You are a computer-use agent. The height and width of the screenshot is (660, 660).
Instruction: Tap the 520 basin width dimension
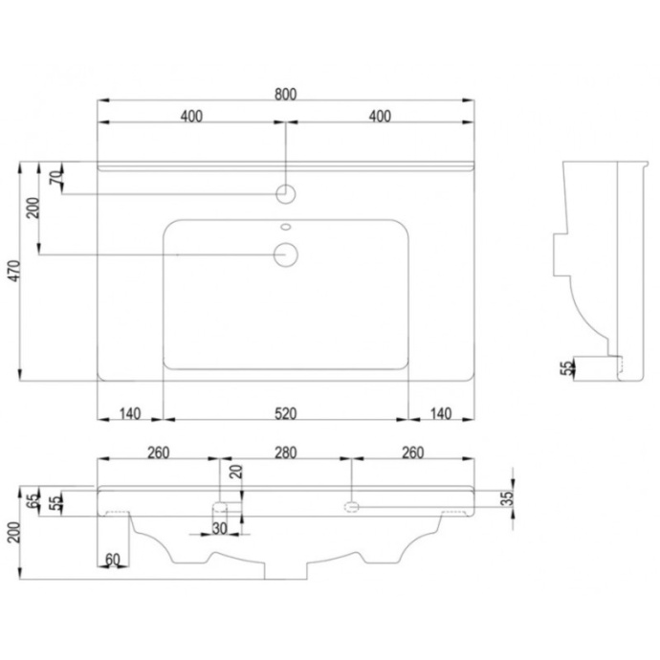[286, 413]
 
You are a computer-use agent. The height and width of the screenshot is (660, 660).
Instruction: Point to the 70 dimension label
[56, 176]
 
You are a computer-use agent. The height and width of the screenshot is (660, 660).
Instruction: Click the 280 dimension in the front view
[286, 451]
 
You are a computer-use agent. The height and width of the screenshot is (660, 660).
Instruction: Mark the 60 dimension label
[112, 560]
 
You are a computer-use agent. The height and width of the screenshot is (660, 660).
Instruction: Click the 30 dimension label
[220, 528]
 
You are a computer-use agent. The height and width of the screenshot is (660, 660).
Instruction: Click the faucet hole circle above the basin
[286, 194]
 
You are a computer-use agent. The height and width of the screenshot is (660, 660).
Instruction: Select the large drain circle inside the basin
[286, 253]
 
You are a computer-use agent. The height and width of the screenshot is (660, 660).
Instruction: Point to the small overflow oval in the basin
[286, 228]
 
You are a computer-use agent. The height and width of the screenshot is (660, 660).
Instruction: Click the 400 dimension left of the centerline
[191, 117]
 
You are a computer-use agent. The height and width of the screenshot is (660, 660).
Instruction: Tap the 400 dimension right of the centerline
[380, 117]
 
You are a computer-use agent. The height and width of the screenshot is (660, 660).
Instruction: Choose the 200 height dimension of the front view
[12, 529]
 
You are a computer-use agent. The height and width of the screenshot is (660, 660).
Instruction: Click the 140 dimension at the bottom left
[130, 413]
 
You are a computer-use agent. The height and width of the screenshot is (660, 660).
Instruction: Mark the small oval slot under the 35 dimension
[352, 504]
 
